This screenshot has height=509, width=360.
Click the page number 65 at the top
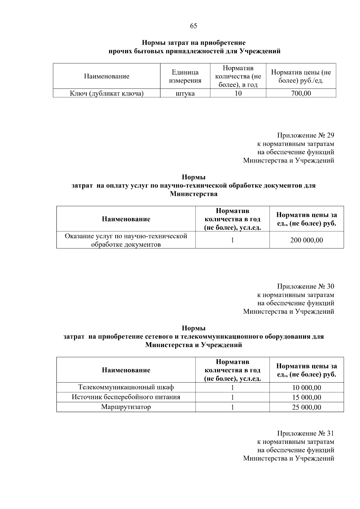(193, 26)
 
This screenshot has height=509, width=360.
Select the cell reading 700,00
(301, 93)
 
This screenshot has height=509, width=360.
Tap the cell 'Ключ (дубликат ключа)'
(107, 93)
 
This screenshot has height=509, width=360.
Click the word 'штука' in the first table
(185, 93)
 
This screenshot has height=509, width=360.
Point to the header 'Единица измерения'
(185, 76)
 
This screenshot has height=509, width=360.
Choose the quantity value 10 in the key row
(238, 93)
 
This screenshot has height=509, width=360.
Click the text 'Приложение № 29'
(305, 135)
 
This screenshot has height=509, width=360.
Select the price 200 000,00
(307, 240)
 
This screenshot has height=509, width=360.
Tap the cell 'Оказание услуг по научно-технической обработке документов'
(126, 240)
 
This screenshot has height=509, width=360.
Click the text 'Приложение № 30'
(305, 286)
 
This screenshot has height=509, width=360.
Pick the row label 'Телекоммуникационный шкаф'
(126, 387)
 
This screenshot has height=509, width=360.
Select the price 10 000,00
(307, 388)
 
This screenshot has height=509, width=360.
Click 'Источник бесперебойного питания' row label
(126, 397)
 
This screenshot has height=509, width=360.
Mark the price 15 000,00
(307, 397)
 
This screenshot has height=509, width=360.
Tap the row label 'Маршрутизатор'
(126, 407)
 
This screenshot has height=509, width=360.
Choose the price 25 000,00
(307, 407)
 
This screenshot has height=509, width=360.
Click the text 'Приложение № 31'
(305, 433)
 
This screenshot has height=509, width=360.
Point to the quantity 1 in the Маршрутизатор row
(232, 407)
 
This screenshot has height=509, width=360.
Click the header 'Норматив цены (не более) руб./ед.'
(301, 76)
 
